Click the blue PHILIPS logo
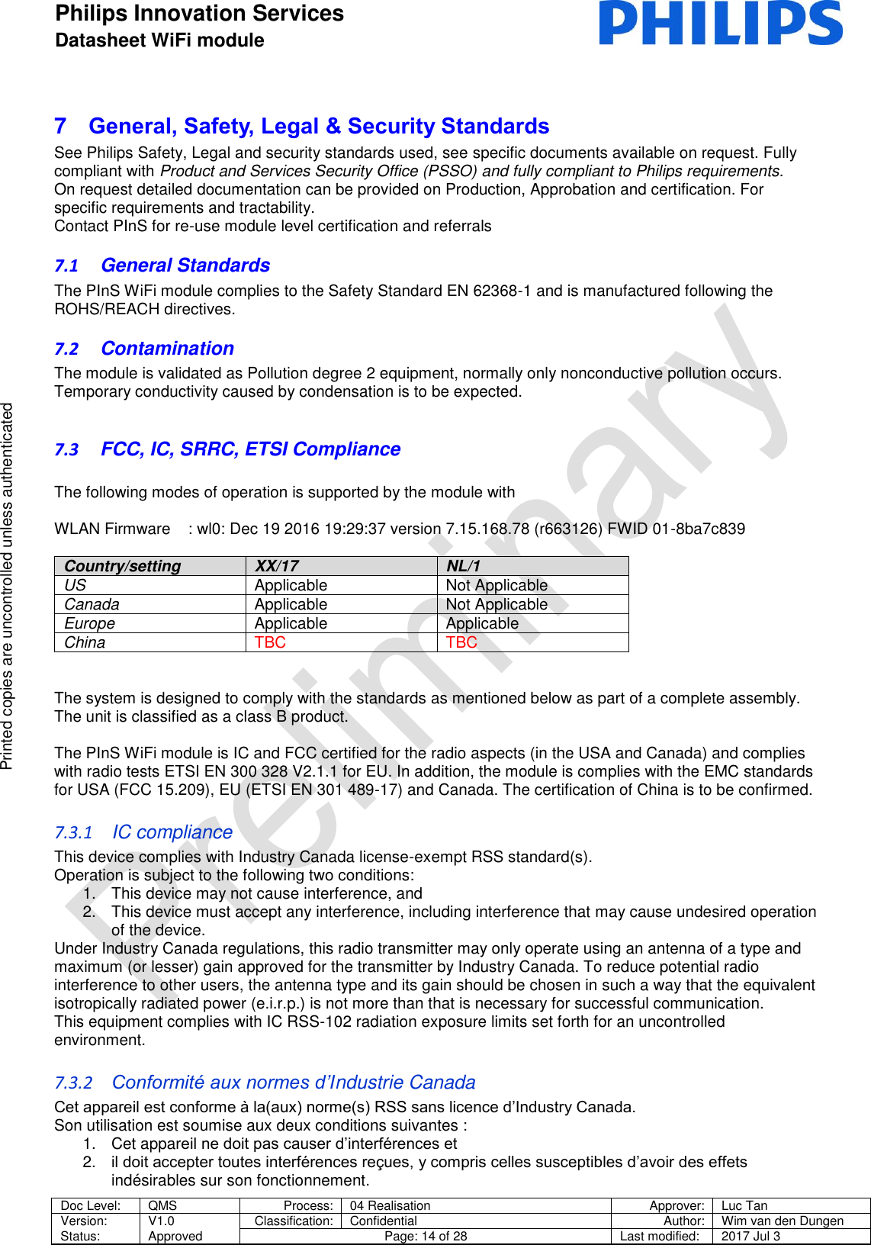pos(720,23)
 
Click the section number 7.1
pos(66,266)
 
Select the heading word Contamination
pos(167,349)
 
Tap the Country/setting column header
pos(123,566)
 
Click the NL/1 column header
pos(463,566)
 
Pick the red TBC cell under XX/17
pos(270,642)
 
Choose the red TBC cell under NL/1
pos(461,642)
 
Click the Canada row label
pos(92,604)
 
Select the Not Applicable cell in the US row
pos(497,585)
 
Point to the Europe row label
pos(89,623)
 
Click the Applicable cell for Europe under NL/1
pos(482,623)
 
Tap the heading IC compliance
pos(172,832)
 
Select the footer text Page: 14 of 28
pos(426,1236)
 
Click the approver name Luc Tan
pos(744,1205)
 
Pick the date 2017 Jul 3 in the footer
pos(750,1236)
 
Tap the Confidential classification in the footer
pos(383,1221)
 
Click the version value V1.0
pos(161,1221)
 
